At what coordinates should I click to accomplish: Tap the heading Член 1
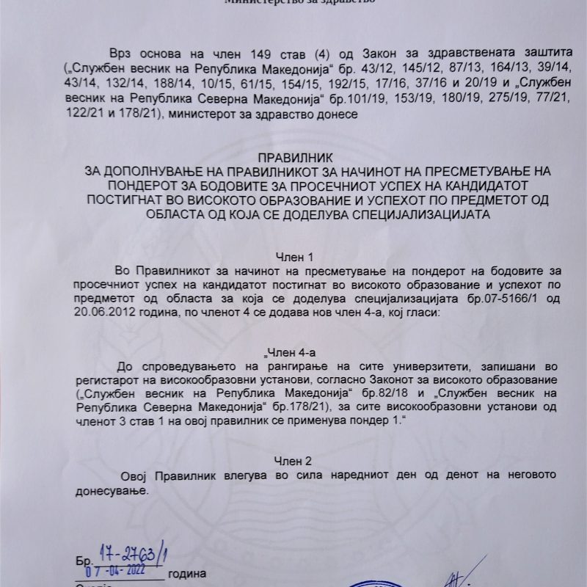coord(293,256)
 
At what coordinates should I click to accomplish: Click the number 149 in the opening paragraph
coord(236,55)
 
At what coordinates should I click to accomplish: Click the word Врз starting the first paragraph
coord(120,55)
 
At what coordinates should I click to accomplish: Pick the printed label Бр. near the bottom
coord(81,560)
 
